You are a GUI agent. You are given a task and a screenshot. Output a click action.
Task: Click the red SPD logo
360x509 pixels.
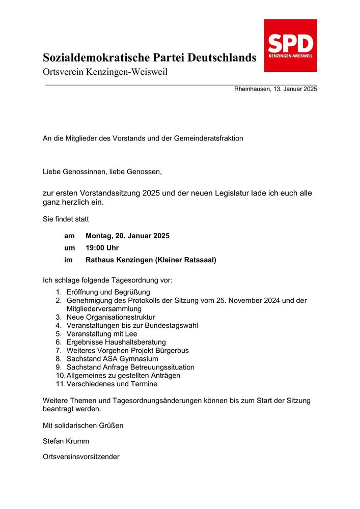290,45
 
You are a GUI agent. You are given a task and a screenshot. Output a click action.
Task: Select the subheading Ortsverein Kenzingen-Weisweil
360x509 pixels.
105,72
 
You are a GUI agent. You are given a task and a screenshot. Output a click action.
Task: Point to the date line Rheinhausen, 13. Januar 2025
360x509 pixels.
275,89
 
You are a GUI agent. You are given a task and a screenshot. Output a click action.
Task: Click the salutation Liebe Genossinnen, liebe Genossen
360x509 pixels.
102,172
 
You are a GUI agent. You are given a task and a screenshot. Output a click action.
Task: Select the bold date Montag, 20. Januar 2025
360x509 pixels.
127,236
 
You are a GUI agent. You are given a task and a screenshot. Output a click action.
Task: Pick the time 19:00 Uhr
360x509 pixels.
102,248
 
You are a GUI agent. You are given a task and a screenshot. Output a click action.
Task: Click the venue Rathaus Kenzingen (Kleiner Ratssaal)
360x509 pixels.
151,260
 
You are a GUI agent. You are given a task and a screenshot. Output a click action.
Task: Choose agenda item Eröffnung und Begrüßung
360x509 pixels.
108,292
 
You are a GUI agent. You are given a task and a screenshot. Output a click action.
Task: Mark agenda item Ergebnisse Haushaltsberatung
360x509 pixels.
116,342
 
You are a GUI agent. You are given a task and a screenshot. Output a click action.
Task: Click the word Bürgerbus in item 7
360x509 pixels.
173,350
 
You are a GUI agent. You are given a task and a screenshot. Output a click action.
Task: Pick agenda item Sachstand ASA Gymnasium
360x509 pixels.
112,359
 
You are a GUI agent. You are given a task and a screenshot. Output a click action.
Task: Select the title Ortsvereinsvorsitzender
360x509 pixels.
81,457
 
